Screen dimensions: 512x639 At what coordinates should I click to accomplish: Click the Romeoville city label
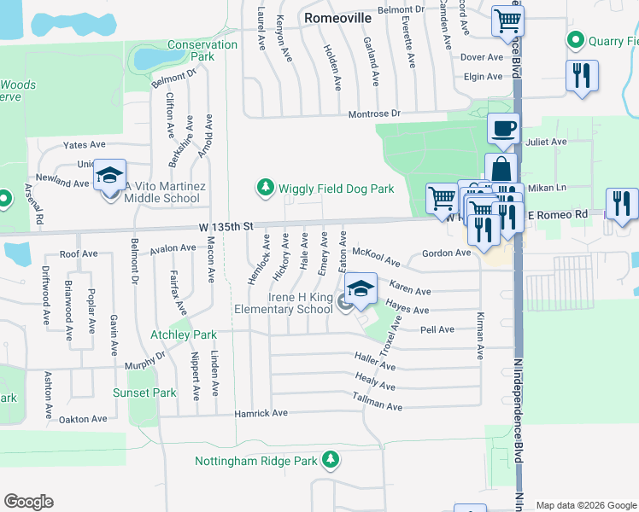[338, 16]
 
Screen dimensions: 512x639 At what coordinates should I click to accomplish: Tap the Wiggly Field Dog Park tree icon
[266, 186]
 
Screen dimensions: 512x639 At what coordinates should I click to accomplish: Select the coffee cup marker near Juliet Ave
[503, 128]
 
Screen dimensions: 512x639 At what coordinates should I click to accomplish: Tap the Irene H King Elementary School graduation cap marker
[361, 288]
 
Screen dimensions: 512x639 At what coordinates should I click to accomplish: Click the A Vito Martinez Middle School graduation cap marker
[109, 175]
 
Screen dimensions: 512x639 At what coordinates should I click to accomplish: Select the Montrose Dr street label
[373, 113]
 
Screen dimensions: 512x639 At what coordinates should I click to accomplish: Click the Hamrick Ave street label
[261, 413]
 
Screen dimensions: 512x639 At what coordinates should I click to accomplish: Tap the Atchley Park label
[184, 335]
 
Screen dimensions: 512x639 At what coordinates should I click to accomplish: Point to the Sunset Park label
[144, 393]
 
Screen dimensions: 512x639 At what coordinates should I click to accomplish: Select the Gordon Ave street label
[446, 253]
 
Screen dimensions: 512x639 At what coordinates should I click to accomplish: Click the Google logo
[29, 502]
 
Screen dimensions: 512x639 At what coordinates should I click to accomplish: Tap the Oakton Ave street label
[83, 419]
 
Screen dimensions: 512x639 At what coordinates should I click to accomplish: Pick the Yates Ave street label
[84, 145]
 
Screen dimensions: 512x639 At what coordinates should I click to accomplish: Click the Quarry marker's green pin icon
[575, 40]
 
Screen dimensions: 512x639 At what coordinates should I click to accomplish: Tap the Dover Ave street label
[483, 57]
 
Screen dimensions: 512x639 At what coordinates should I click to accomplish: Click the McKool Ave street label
[376, 255]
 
